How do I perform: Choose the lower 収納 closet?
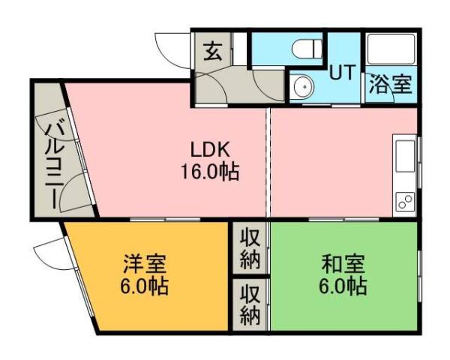coord(250,304)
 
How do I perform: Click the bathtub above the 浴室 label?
coord(389,50)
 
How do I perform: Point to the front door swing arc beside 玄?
coord(171,46)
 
